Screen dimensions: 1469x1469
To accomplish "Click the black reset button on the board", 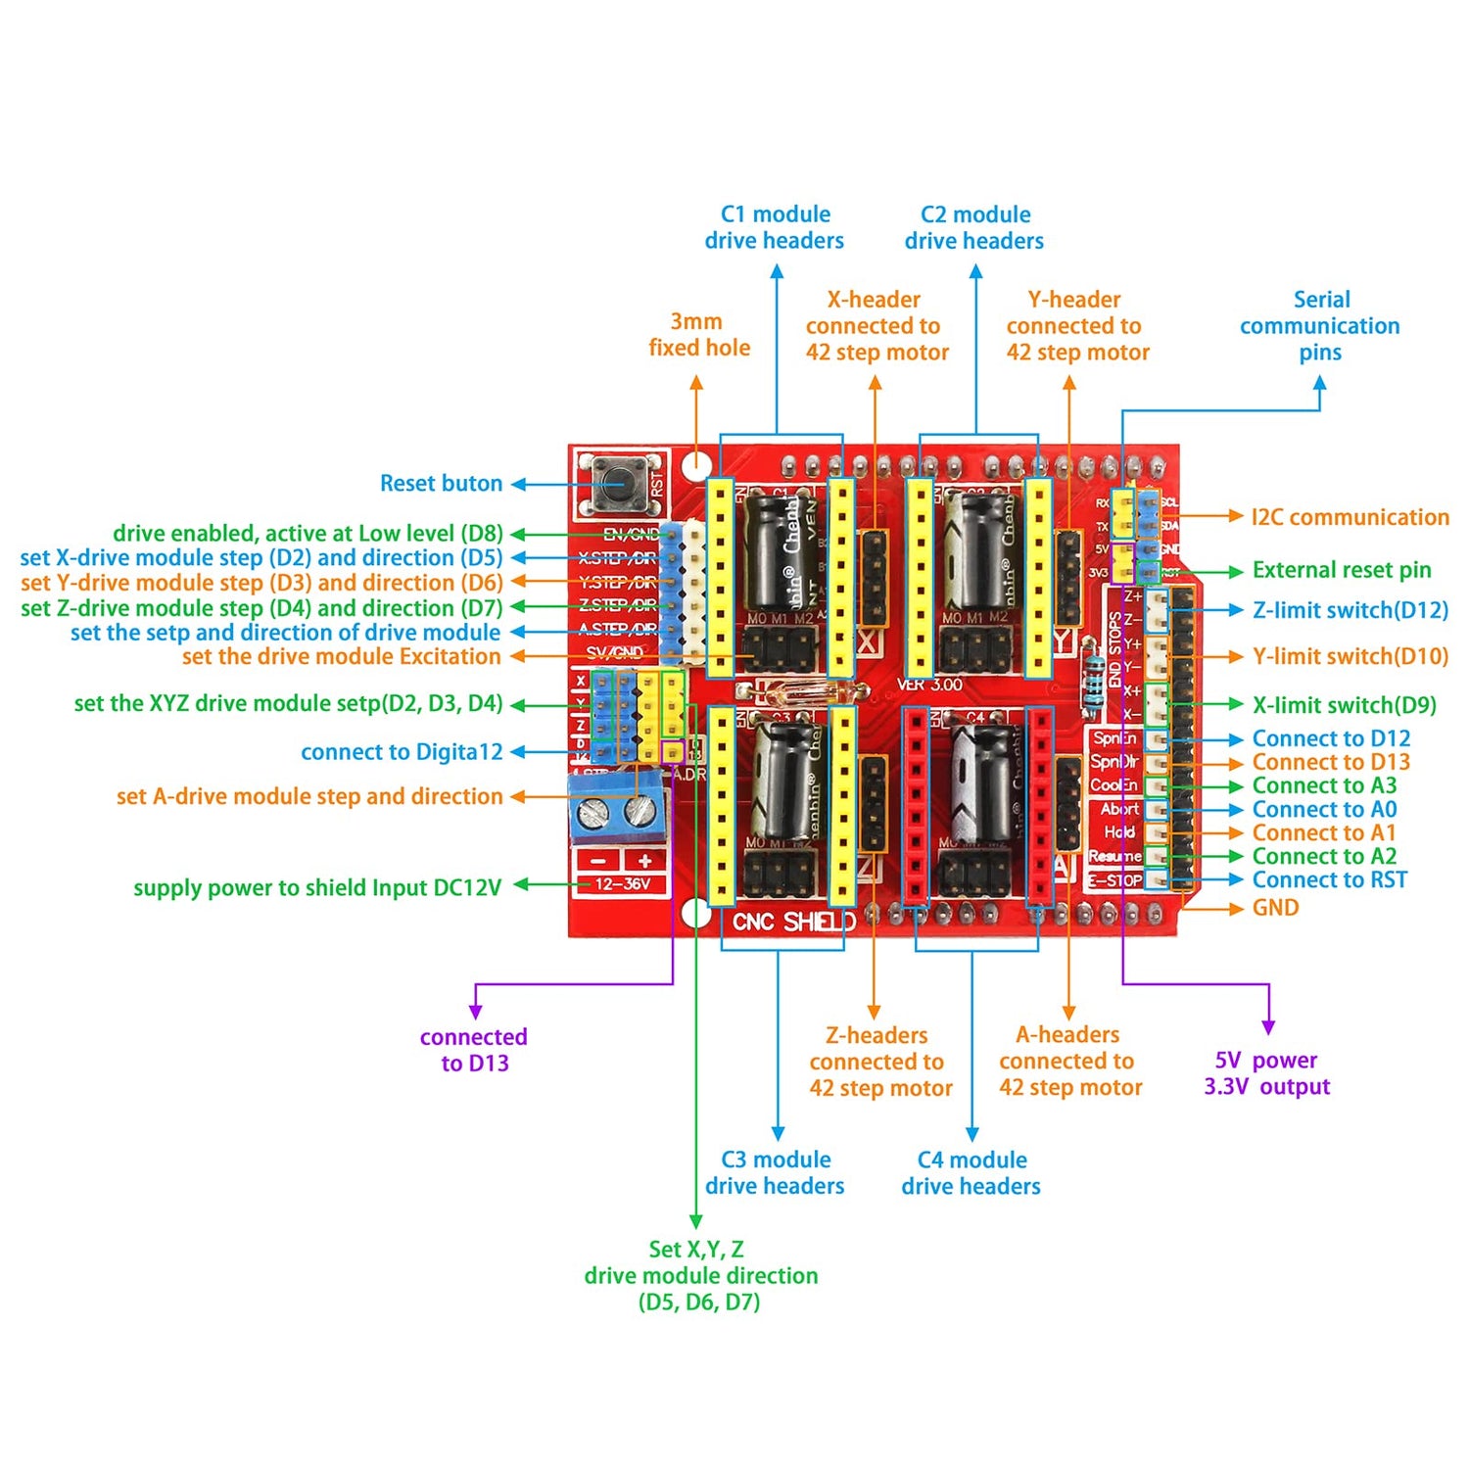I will [617, 483].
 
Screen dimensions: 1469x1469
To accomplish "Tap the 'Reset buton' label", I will [441, 483].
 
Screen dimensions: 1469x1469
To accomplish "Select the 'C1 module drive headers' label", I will [775, 227].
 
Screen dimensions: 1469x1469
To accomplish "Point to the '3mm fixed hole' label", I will [698, 334].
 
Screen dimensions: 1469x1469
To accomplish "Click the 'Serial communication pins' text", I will [1319, 325].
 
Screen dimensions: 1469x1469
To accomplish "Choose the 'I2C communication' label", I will [1350, 517].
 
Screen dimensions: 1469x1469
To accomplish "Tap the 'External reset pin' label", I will [1341, 570].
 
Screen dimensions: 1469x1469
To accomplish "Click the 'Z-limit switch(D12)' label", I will [1350, 610].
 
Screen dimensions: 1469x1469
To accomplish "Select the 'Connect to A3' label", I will [1324, 785].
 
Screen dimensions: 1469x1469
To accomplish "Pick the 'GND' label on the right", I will [1275, 908].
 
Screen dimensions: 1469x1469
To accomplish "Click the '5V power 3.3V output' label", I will [1266, 1073].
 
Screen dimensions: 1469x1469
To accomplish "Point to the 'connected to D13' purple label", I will [474, 1050].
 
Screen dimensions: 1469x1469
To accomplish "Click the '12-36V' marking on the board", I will [622, 884].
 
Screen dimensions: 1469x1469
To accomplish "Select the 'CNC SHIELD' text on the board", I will [793, 922].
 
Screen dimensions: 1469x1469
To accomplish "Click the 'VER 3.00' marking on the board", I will [929, 685].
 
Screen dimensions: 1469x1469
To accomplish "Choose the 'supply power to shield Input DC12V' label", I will [317, 888].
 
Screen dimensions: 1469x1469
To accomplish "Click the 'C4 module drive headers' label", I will [971, 1173].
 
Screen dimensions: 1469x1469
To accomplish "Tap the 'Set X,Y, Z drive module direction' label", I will [700, 1275].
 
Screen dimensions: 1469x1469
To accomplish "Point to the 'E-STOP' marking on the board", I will [1116, 880].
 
